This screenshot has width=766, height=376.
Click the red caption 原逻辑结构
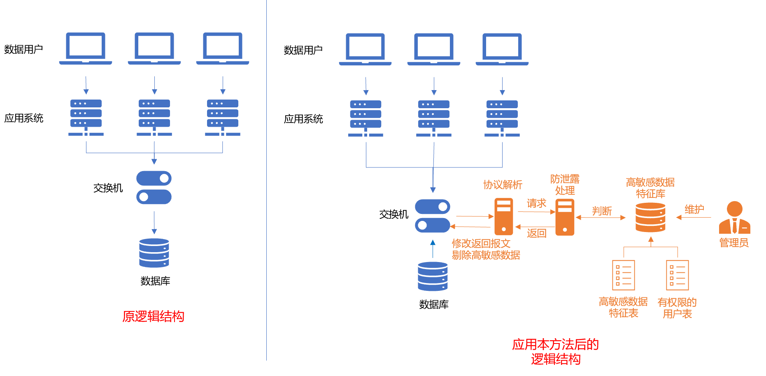pos(153,316)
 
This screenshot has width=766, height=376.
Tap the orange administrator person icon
pos(734,218)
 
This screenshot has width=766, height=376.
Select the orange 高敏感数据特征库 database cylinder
pos(650,217)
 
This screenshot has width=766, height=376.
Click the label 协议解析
pos(503,185)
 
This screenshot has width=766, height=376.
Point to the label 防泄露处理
pos(565,185)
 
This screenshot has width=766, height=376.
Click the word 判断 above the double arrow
pos(602,211)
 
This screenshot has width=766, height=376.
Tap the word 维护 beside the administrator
pos(694,209)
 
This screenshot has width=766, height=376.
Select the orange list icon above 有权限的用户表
pos(677,275)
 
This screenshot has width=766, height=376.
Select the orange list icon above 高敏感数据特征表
pos(623,275)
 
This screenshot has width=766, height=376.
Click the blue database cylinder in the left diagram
pos(154,253)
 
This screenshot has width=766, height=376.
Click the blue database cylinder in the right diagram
pos(433,276)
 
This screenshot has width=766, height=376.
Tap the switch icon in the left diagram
pos(154,188)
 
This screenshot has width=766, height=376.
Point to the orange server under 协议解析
pos(503,217)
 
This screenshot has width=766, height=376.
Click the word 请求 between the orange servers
pos(536,203)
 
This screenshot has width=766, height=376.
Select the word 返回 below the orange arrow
pos(536,233)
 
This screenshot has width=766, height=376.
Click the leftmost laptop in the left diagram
pos(86,49)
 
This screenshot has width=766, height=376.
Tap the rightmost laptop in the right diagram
pos(502,49)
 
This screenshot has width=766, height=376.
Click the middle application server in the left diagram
pos(154,118)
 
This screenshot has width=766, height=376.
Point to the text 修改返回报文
pos(481,244)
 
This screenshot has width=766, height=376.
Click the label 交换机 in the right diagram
pos(393,214)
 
